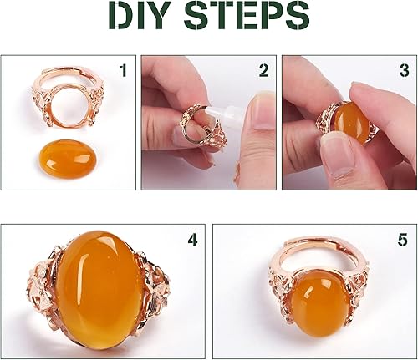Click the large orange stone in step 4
pyautogui.click(x=98, y=287)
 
